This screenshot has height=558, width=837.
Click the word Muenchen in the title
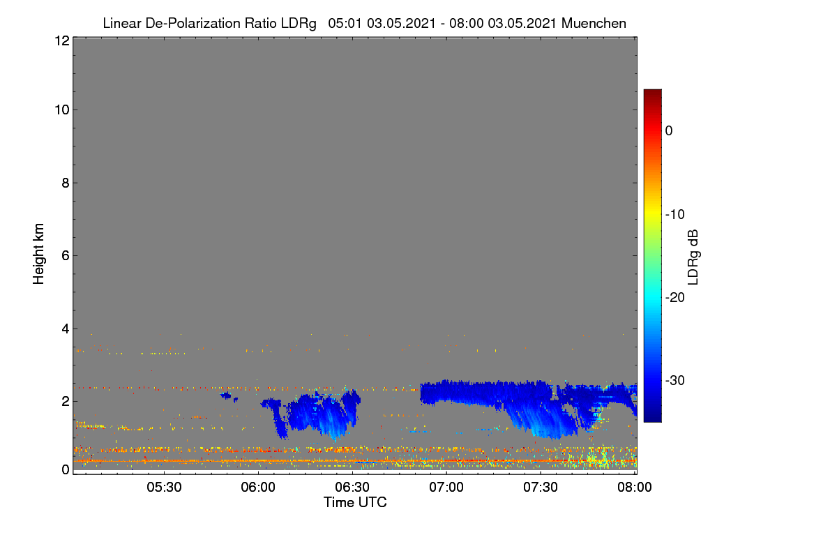tap(594, 24)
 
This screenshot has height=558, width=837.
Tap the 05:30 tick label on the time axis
tap(164, 488)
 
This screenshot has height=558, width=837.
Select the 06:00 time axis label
tap(258, 488)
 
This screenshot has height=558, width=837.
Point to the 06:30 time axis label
tap(352, 488)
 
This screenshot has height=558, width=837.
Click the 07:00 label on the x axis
tap(446, 488)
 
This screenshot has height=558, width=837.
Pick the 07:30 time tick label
tap(541, 488)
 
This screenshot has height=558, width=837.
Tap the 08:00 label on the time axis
tap(635, 488)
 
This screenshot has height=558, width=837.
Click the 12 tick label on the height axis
tap(62, 40)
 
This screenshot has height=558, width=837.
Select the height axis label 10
tap(62, 110)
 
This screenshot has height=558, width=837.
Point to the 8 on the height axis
tap(66, 183)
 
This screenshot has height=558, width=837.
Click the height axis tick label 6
tap(66, 256)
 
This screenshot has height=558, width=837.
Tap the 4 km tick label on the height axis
tap(66, 329)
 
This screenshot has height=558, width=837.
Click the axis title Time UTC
tap(355, 502)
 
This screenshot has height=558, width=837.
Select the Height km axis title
tap(38, 254)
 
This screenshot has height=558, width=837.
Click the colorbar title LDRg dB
tap(693, 257)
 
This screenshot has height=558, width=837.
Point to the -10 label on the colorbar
tap(675, 215)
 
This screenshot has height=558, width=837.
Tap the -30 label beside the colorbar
tap(675, 380)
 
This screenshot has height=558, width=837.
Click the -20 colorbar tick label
tap(675, 298)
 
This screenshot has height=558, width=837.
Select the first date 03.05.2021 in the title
tap(401, 24)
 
